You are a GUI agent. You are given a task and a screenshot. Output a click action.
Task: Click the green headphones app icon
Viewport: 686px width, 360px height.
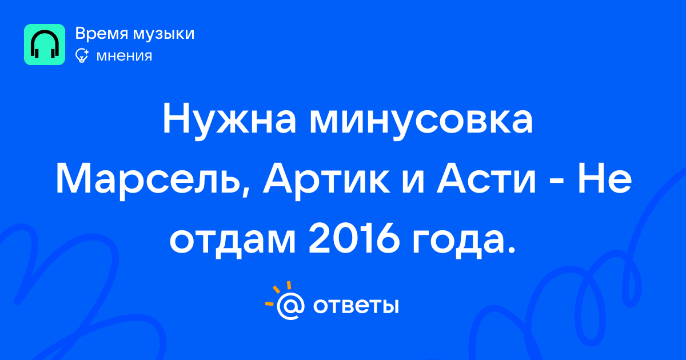pyautogui.click(x=45, y=45)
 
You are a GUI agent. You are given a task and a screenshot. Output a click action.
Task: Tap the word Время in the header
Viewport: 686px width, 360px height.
pyautogui.click(x=101, y=34)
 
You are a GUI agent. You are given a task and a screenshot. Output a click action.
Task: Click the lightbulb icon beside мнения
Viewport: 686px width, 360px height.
pyautogui.click(x=82, y=56)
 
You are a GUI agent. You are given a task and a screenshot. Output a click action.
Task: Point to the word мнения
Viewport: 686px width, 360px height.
pyautogui.click(x=125, y=57)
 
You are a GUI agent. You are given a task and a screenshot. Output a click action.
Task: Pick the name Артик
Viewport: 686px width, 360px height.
pyautogui.click(x=327, y=181)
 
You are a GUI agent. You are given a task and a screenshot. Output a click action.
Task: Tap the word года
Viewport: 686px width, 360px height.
pyautogui.click(x=458, y=242)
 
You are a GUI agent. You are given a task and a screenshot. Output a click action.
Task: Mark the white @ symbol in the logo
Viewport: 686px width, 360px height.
pyautogui.click(x=290, y=306)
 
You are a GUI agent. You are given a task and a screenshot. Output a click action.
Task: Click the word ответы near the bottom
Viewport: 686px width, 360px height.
pyautogui.click(x=356, y=306)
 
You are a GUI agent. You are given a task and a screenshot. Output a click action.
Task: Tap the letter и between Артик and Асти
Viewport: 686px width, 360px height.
pyautogui.click(x=413, y=183)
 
